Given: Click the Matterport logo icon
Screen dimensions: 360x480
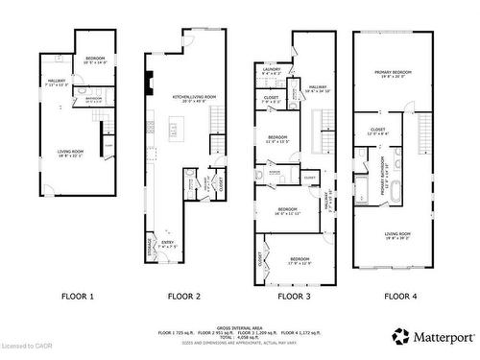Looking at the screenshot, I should coord(398,336).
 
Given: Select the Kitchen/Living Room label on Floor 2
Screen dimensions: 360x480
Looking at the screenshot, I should coord(185,97).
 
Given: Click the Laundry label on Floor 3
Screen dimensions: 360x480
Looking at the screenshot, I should coord(272,70).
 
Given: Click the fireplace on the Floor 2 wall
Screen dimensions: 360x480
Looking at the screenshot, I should coord(150,85).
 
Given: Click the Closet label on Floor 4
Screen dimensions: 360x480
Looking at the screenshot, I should coord(377,130).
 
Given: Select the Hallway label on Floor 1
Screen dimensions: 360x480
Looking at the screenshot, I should coord(58,82).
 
